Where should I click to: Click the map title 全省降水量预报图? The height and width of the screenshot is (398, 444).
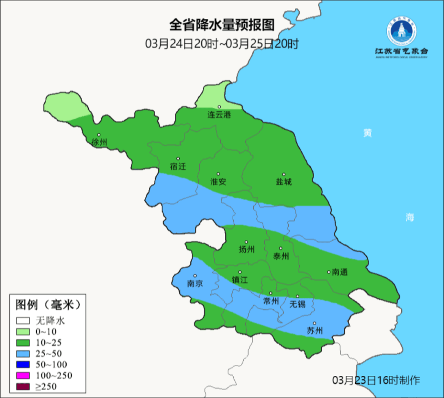point(222,25)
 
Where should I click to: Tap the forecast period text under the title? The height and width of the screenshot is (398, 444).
point(222,44)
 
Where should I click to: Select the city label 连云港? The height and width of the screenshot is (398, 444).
point(219,115)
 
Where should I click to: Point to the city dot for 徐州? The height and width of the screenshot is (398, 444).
point(99,135)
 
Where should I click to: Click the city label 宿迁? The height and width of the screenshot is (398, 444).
point(178,166)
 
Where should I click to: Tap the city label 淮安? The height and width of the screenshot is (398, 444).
point(218,182)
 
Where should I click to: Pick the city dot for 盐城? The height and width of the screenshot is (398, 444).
point(284,174)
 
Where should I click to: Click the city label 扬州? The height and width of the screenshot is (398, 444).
point(246,249)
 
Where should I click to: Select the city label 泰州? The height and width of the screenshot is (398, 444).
point(281,256)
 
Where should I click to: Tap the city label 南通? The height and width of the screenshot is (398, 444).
point(340,272)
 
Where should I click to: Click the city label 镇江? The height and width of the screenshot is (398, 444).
point(240,280)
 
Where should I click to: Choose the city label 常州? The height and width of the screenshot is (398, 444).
point(271,301)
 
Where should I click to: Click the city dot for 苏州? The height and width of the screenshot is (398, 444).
point(314,324)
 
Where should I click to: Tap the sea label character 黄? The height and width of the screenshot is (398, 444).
point(367,133)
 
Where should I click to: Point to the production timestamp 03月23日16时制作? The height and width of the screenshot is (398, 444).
point(376,380)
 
